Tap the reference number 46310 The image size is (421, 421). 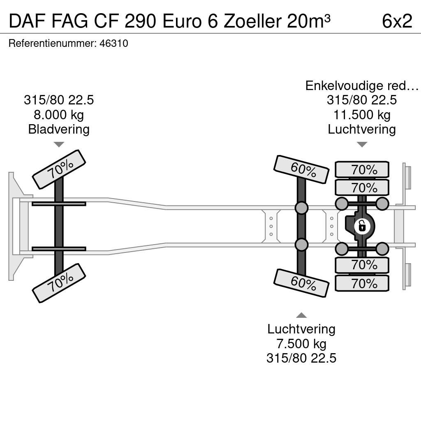(114, 43)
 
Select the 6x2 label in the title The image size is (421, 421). (397, 21)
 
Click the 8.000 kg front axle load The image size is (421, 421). (59, 115)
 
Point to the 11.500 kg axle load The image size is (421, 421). (362, 115)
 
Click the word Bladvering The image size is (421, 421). (59, 129)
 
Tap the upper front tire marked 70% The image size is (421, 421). (59, 169)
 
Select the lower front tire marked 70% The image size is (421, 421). (59, 283)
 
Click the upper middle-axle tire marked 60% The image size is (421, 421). (301, 169)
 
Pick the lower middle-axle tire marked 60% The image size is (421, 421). (301, 283)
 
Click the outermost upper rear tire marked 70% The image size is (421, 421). (362, 169)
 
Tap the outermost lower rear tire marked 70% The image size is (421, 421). (362, 283)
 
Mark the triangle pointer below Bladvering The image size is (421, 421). (59, 144)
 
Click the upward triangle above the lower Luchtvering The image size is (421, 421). (301, 315)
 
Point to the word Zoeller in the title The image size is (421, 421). (252, 21)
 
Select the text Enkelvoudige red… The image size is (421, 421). (362, 86)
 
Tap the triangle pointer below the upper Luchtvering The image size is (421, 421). (362, 144)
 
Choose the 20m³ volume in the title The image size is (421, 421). (309, 21)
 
